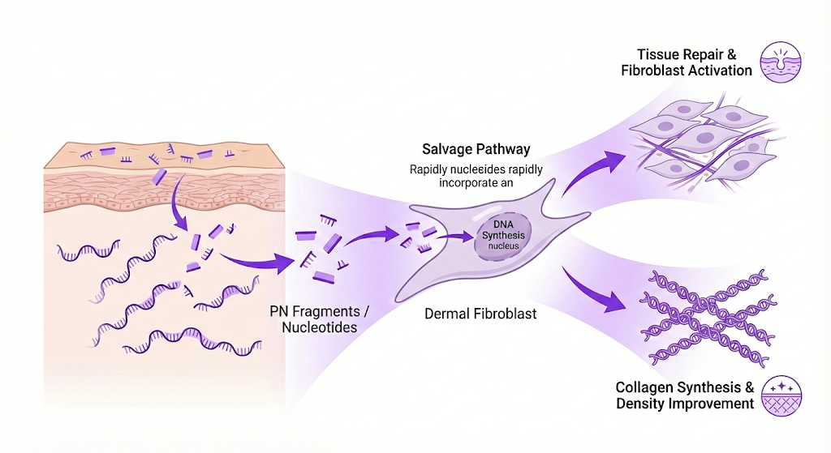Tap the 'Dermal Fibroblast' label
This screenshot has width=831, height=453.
pos(480,314)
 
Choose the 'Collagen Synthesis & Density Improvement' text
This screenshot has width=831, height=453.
pos(683,395)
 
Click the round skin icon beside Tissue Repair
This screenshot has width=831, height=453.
pos(777,62)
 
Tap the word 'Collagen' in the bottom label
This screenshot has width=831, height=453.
pos(643,387)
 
